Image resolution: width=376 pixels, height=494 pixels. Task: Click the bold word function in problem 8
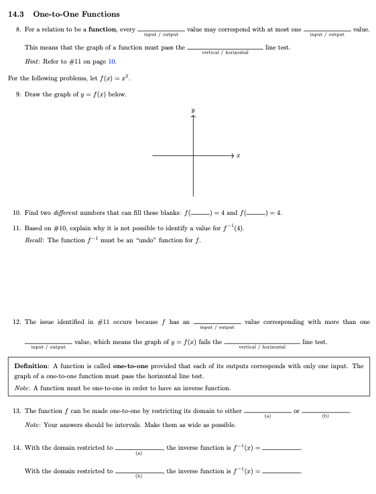[102, 29]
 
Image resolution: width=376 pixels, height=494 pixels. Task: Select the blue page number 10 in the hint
[112, 61]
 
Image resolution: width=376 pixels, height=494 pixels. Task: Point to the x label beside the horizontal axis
[239, 156]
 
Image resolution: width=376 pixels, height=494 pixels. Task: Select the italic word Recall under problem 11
[34, 240]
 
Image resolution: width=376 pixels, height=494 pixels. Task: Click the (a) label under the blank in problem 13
[268, 416]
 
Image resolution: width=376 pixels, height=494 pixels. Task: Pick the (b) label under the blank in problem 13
[326, 416]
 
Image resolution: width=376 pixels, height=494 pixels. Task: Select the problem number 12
[17, 322]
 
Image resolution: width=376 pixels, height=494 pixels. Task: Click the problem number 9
[18, 94]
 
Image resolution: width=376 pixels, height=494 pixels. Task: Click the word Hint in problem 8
[32, 61]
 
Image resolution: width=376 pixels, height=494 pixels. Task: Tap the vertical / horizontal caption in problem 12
[262, 347]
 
